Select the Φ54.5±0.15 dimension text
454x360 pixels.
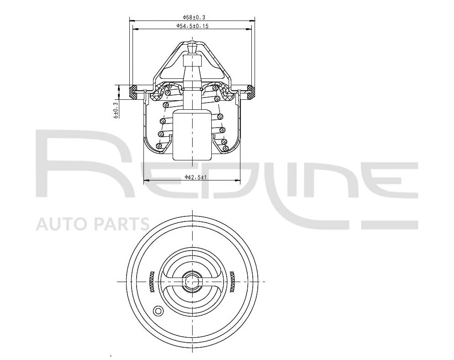coord(193,26)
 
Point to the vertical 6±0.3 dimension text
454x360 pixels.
coord(116,110)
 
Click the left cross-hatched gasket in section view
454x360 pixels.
coord(133,92)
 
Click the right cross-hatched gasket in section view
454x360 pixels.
coord(251,92)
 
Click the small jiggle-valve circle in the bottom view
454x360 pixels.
coord(158,311)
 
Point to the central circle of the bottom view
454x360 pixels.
coord(192,282)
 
